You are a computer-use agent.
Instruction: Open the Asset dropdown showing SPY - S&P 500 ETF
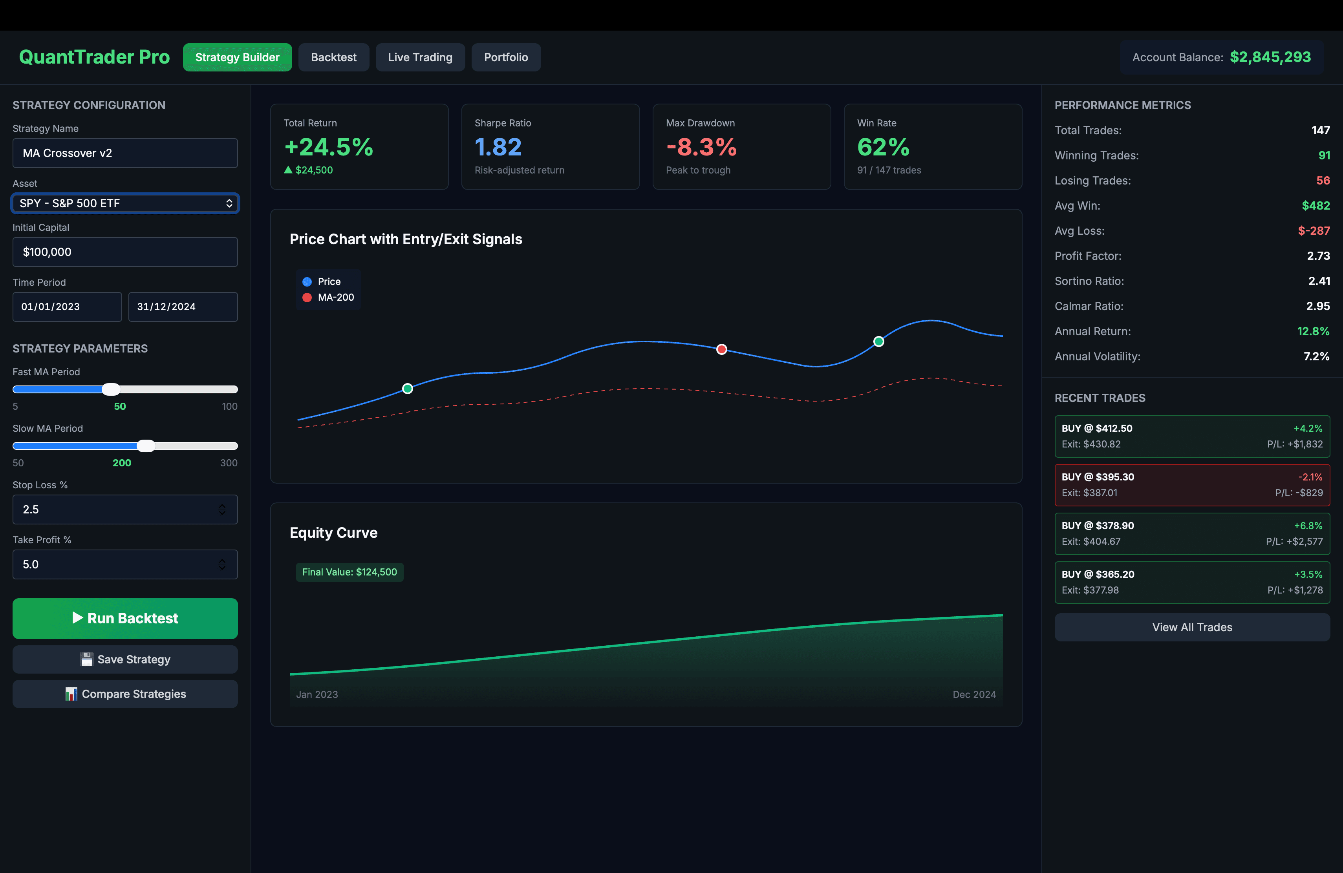pyautogui.click(x=125, y=203)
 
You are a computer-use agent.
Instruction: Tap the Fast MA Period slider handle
pyautogui.click(x=111, y=389)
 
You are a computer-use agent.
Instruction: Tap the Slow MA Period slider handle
pyautogui.click(x=146, y=446)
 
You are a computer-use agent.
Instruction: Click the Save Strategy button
pyautogui.click(x=125, y=659)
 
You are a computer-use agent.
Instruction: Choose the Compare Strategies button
pyautogui.click(x=125, y=694)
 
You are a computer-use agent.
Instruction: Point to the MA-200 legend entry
pyautogui.click(x=329, y=297)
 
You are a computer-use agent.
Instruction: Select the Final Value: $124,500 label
pyautogui.click(x=349, y=572)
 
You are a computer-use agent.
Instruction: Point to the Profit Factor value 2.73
pyautogui.click(x=1318, y=256)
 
